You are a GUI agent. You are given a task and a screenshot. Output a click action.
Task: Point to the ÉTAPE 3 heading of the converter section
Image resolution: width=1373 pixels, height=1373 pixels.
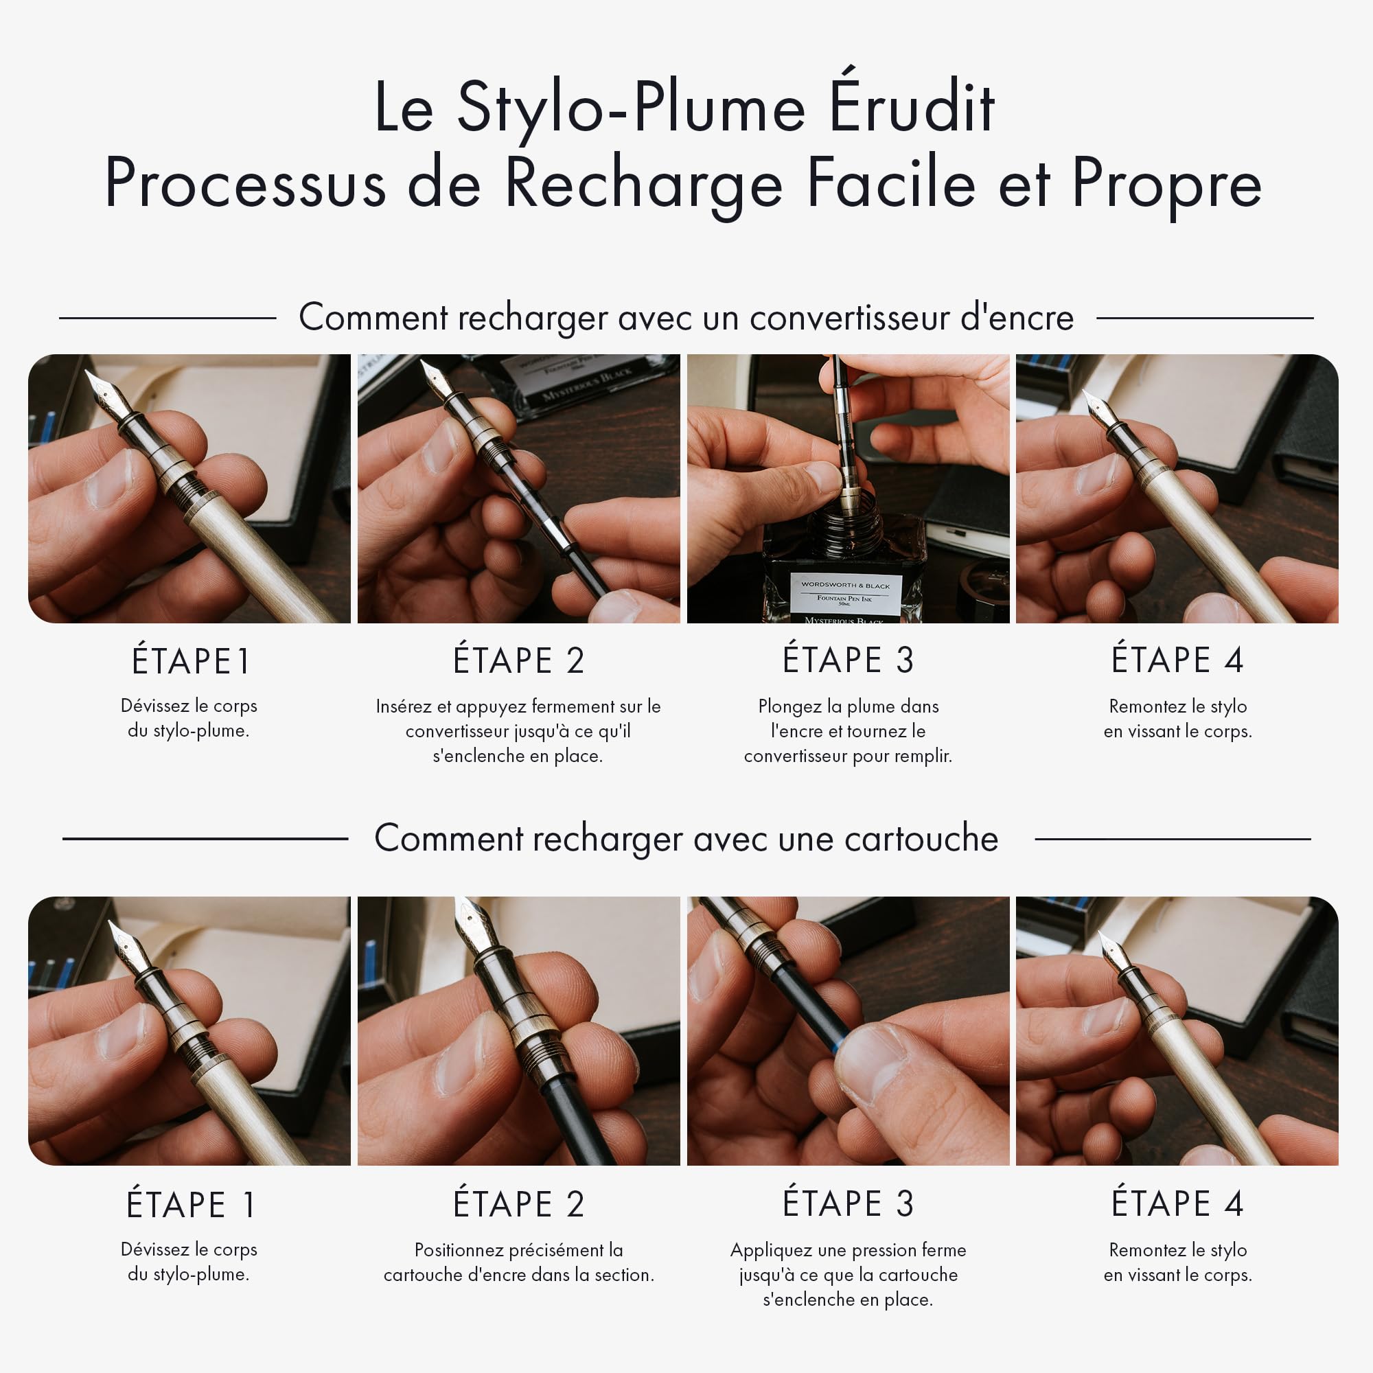point(848,660)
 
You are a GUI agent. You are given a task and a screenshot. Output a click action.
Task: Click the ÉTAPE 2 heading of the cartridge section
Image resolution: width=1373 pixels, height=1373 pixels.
point(519,1203)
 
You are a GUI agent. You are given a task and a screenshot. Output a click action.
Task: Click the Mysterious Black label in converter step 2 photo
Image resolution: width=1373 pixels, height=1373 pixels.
point(587,386)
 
